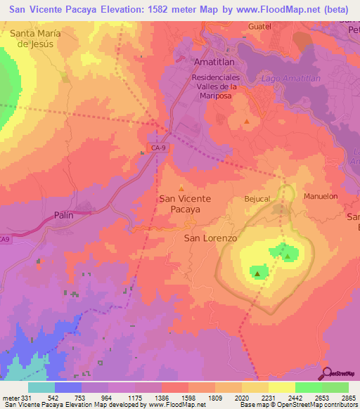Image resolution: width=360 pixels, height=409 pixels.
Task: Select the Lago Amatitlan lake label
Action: [290, 79]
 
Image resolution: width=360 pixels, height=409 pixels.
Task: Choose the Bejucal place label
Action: [257, 199]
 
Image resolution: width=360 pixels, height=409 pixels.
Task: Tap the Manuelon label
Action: [321, 196]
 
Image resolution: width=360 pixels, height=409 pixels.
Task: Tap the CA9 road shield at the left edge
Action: [5, 240]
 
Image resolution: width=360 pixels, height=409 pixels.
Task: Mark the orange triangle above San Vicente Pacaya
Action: [181, 188]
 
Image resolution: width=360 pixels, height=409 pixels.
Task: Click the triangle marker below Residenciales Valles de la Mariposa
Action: [246, 122]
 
